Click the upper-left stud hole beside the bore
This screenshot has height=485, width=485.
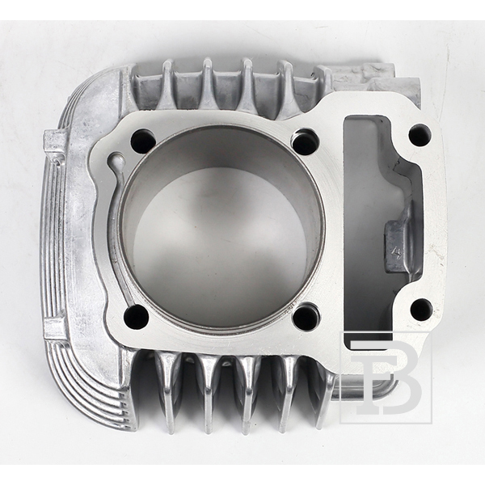coord(142,140)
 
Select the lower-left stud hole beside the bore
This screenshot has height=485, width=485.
coord(136,316)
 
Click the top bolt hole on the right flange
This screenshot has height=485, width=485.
coord(420,136)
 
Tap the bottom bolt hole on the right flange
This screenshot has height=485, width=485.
coord(421,310)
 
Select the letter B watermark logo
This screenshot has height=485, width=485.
coord(386,377)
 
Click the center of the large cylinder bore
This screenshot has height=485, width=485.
coord(221,226)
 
